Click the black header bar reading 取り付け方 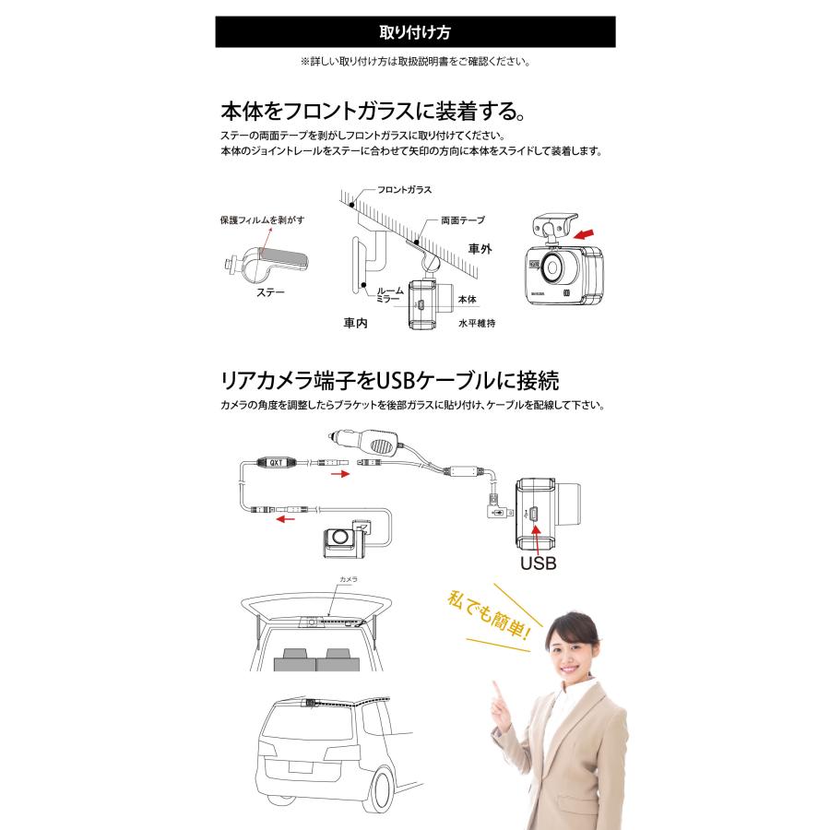[415, 31]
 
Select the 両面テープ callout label [462, 220]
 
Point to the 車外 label [480, 249]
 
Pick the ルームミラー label [387, 295]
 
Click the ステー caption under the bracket [271, 292]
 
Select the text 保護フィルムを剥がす [261, 220]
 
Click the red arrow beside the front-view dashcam [586, 234]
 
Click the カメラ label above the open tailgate [348, 579]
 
